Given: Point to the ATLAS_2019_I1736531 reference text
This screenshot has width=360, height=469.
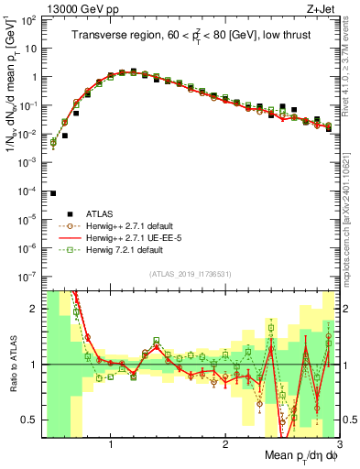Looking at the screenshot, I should click(x=190, y=274).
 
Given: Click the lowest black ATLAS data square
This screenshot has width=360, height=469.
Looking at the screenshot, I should click(x=53, y=193).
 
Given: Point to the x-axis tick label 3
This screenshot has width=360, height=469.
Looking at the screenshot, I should click(x=338, y=444).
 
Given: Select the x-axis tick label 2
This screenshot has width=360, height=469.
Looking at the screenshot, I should click(x=225, y=444).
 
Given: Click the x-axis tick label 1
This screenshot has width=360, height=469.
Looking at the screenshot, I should click(x=112, y=444).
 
